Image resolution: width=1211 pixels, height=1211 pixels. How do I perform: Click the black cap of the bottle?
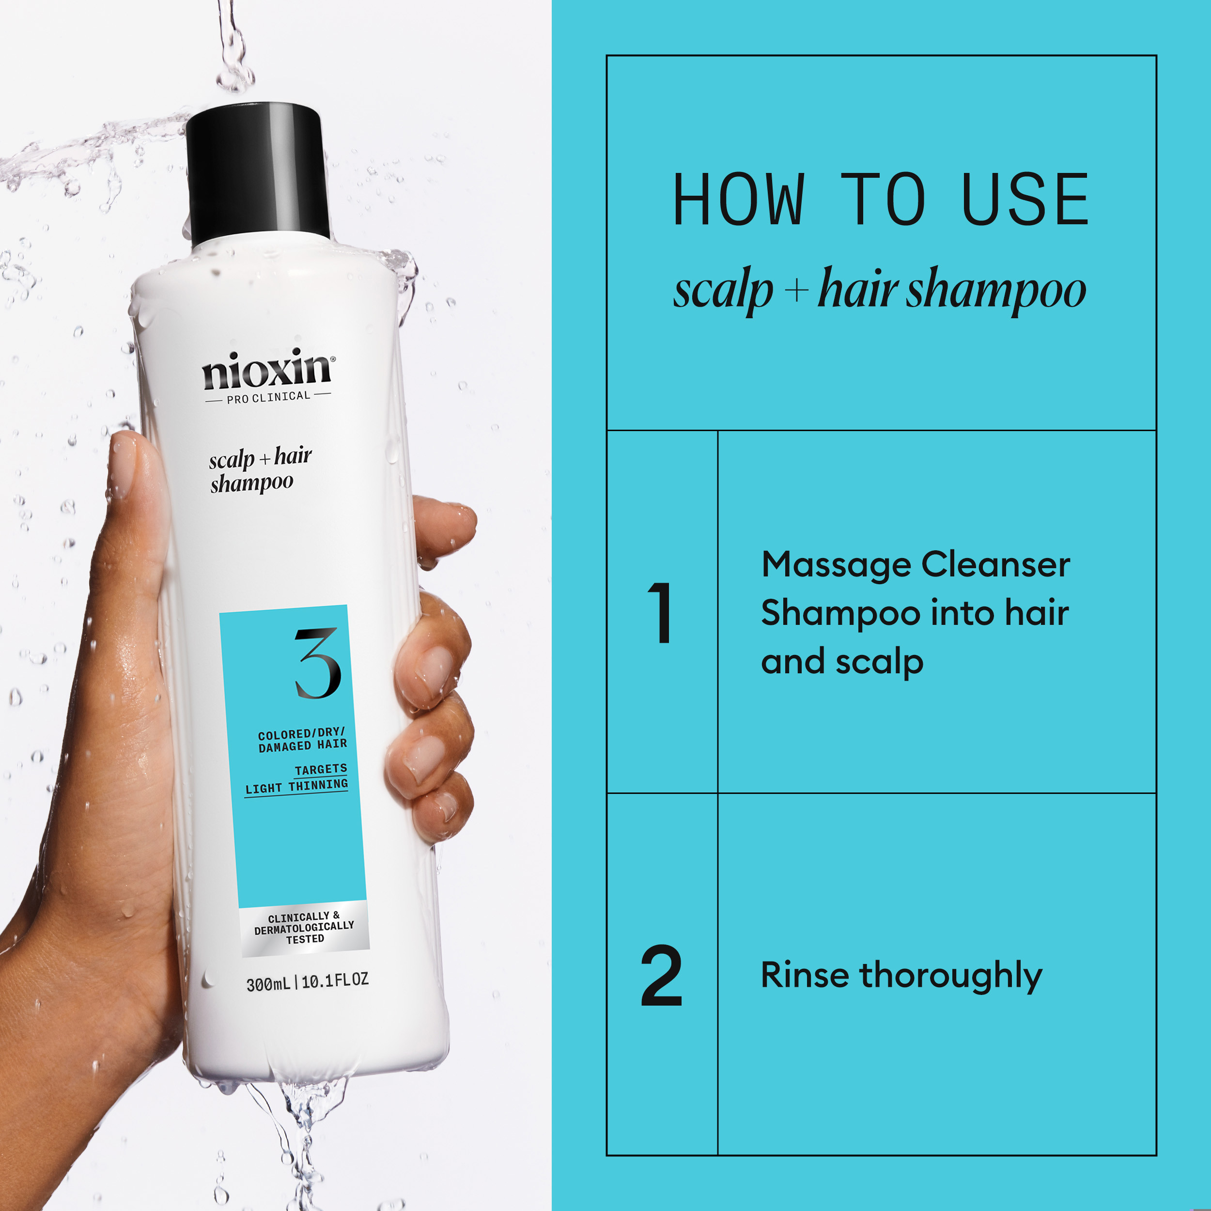(257, 172)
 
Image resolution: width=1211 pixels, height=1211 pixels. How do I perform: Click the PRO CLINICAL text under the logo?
(268, 397)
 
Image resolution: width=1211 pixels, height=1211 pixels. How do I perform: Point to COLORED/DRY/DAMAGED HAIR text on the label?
(302, 740)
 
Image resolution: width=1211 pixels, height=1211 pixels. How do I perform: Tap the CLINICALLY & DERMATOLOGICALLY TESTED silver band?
(305, 928)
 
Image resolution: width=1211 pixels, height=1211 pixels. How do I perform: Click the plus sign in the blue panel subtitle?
(795, 291)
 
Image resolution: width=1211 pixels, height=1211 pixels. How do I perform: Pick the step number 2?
(661, 976)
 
